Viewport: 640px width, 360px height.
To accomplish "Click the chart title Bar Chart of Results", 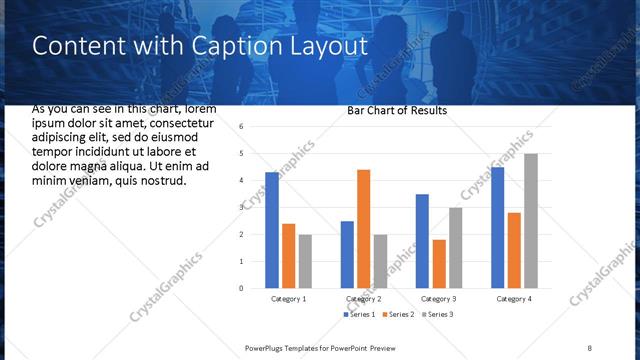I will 397,110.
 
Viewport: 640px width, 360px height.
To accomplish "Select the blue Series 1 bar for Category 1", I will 272,230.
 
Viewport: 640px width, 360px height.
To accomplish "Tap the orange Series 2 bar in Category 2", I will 363,228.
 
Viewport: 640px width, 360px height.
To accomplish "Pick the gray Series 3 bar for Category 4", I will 531,220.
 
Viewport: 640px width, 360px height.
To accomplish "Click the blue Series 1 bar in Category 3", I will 422,240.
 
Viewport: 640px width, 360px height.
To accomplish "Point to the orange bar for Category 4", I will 514,250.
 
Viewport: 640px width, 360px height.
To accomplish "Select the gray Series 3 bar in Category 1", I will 304,261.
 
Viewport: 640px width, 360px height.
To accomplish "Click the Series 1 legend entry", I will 359,315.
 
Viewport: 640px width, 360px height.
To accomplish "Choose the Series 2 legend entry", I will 398,315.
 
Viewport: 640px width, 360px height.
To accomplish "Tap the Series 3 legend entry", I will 437,315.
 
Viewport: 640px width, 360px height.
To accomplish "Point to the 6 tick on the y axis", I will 242,127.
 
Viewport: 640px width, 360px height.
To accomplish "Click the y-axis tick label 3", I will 242,207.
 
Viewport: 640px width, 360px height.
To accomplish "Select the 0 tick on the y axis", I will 242,288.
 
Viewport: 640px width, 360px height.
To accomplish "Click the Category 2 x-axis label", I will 364,299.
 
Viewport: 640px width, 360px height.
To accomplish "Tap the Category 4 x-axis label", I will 513,299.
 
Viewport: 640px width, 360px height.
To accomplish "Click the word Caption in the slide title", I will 240,46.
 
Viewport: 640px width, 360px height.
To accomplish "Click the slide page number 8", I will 590,347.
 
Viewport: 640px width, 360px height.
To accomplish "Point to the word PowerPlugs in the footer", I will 268,347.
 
